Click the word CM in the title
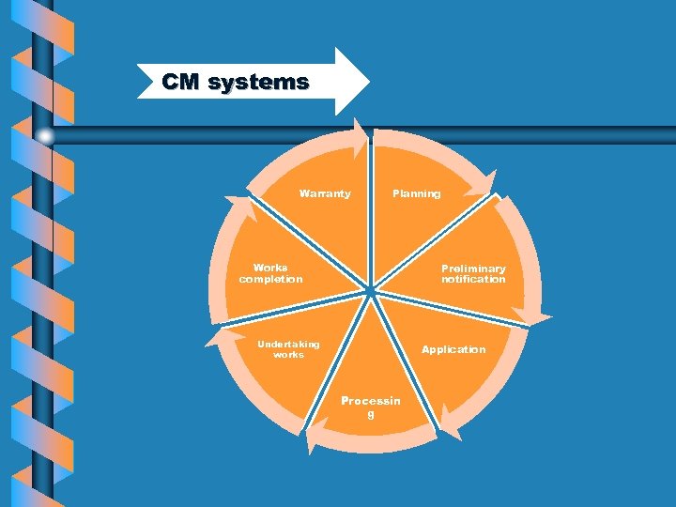[179, 83]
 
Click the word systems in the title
[258, 83]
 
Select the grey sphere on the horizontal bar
[45, 136]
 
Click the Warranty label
[325, 194]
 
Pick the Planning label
[416, 194]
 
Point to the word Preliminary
[473, 269]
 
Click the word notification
[473, 280]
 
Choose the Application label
[453, 349]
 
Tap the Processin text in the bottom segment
[370, 401]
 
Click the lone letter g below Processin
[370, 414]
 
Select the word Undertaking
[288, 344]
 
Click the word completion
[270, 280]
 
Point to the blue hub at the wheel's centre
[371, 291]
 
